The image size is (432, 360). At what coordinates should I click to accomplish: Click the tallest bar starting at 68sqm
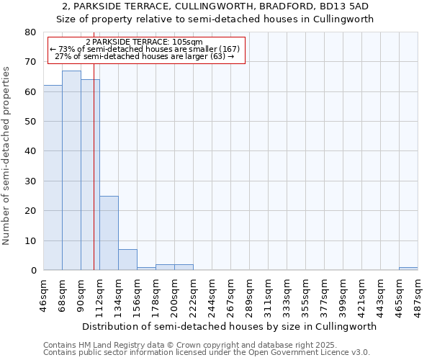point(71,171)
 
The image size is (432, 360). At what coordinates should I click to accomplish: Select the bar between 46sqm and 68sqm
point(53,178)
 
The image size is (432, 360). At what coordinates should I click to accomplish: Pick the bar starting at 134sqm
point(127,260)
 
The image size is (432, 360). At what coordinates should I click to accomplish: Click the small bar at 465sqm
point(408,269)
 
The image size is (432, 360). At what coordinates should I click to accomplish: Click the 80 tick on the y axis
point(30,32)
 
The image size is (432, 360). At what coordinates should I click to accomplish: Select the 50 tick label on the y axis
point(30,122)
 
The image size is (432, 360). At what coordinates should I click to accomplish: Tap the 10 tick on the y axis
point(30,240)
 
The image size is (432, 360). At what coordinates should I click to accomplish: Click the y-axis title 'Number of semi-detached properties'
point(7,156)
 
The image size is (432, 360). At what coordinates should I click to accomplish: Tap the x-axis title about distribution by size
point(235,326)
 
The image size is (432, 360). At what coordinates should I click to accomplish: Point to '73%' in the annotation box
point(66,49)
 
